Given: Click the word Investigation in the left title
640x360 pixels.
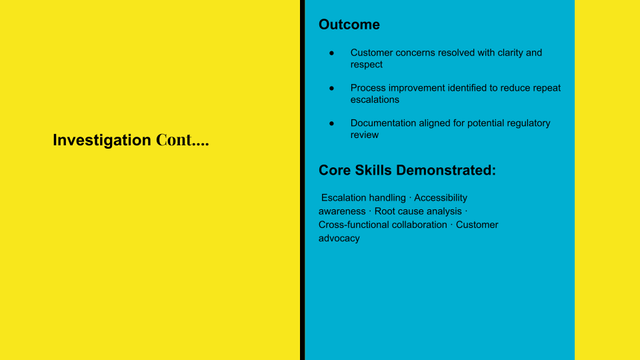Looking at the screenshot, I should [x=102, y=141].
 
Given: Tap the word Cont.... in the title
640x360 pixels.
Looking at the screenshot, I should [x=182, y=141].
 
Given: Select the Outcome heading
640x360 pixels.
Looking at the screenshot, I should [x=349, y=25].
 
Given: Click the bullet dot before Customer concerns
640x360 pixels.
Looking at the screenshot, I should [x=331, y=53].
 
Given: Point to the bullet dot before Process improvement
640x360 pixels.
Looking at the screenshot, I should [x=331, y=88].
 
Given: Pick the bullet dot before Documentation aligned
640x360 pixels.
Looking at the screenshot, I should [x=331, y=123].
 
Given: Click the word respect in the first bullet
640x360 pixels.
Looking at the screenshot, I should [x=367, y=65].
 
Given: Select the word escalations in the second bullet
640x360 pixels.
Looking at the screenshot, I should [x=375, y=100].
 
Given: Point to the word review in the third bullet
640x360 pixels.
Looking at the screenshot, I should [x=365, y=135].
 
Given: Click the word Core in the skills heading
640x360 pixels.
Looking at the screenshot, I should [x=335, y=171].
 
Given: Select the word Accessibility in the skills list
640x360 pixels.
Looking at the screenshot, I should [x=441, y=198].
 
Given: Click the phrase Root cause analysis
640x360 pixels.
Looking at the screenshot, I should [x=418, y=211].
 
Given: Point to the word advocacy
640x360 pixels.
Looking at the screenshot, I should [x=339, y=239].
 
